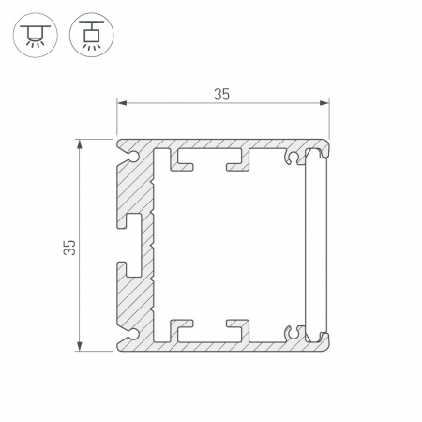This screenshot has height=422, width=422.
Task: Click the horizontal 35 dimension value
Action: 221,95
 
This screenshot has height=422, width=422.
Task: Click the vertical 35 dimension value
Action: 69,248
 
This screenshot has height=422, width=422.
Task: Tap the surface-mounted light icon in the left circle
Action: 36,35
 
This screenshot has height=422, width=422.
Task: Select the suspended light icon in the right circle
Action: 92,35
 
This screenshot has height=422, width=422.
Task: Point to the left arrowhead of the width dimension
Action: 122,103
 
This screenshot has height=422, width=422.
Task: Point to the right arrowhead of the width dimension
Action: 324,103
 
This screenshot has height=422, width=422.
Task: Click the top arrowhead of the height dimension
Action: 80,144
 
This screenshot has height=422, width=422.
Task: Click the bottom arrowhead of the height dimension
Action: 80,346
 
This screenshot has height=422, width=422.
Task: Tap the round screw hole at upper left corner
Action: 134,157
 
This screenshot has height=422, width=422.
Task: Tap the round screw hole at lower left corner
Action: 134,334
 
